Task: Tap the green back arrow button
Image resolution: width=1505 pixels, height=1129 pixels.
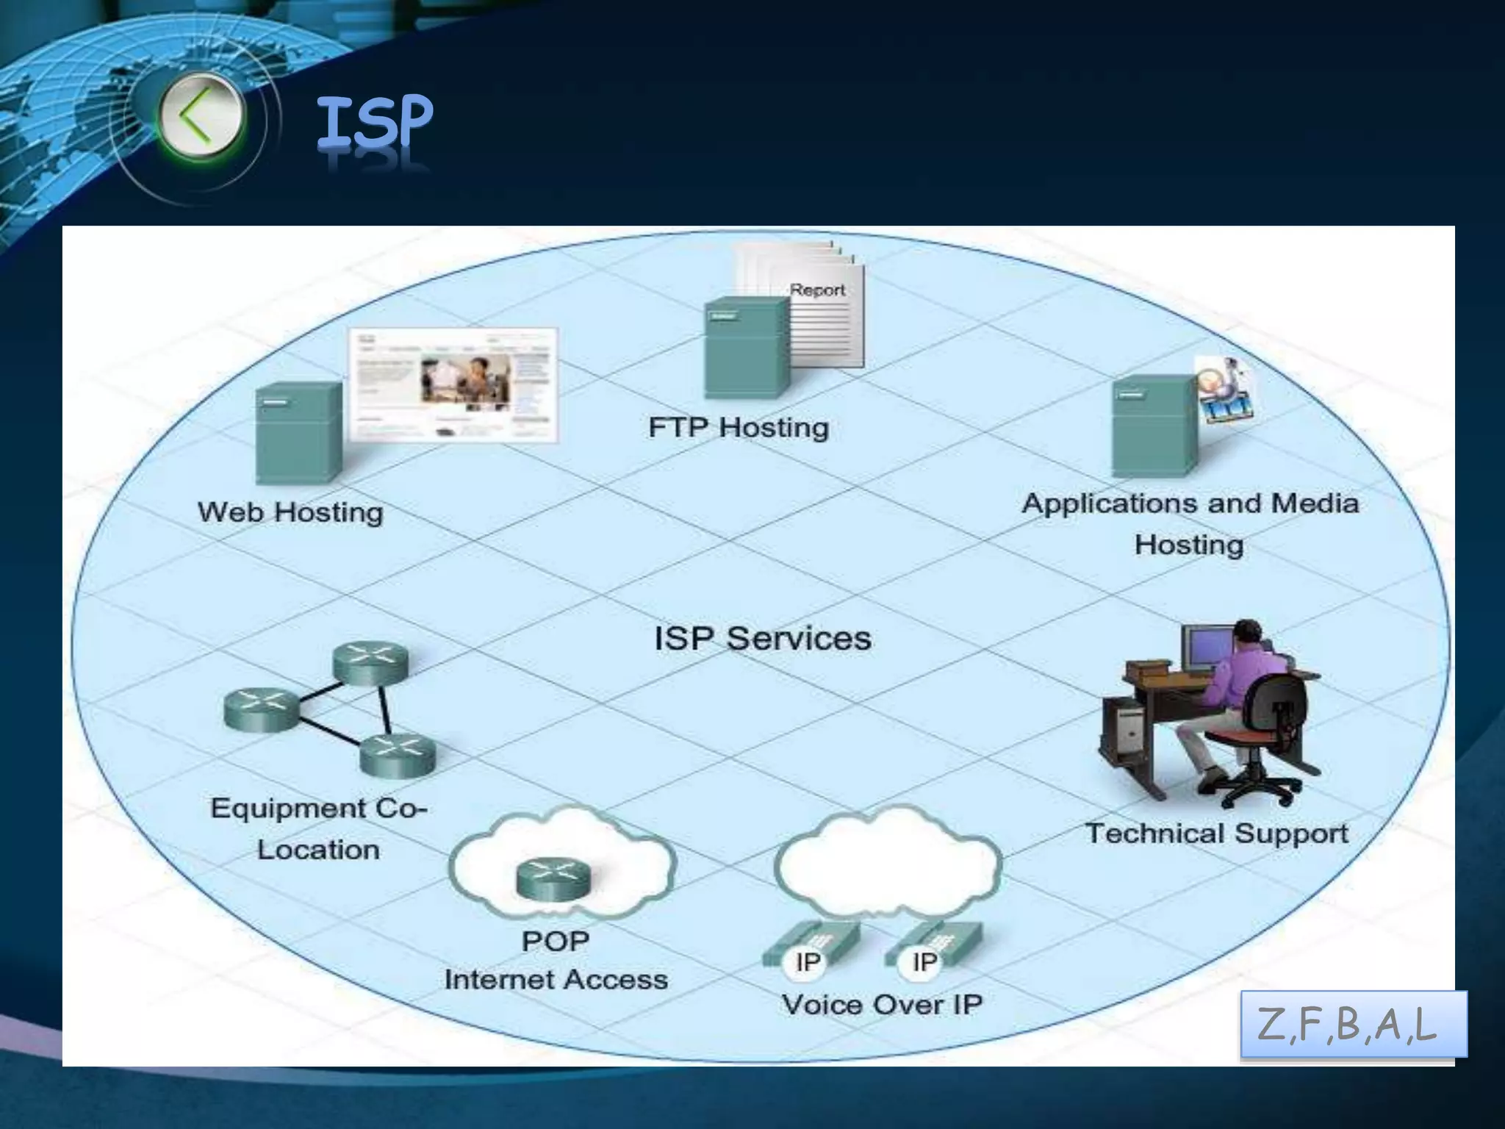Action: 198,118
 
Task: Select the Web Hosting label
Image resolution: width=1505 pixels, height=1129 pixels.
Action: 290,512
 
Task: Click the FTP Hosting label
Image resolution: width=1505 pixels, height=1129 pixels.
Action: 739,427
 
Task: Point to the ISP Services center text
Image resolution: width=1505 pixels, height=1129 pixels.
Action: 763,638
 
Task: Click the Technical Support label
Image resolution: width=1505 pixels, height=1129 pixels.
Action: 1217,834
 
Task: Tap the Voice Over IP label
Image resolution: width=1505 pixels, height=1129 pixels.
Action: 882,1004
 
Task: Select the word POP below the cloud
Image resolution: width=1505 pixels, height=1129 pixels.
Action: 556,942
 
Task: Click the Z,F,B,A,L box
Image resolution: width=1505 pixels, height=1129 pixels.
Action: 1353,1024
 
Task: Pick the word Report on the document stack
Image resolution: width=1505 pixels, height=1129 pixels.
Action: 817,290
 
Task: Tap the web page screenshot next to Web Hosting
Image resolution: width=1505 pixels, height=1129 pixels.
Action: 453,384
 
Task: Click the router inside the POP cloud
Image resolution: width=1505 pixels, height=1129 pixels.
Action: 553,879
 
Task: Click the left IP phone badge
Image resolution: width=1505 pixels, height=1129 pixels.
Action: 808,961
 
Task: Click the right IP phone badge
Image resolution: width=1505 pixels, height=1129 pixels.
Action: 924,961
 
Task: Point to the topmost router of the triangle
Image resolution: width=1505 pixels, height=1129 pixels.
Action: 370,661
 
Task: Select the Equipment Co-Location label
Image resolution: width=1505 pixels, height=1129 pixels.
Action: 318,828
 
